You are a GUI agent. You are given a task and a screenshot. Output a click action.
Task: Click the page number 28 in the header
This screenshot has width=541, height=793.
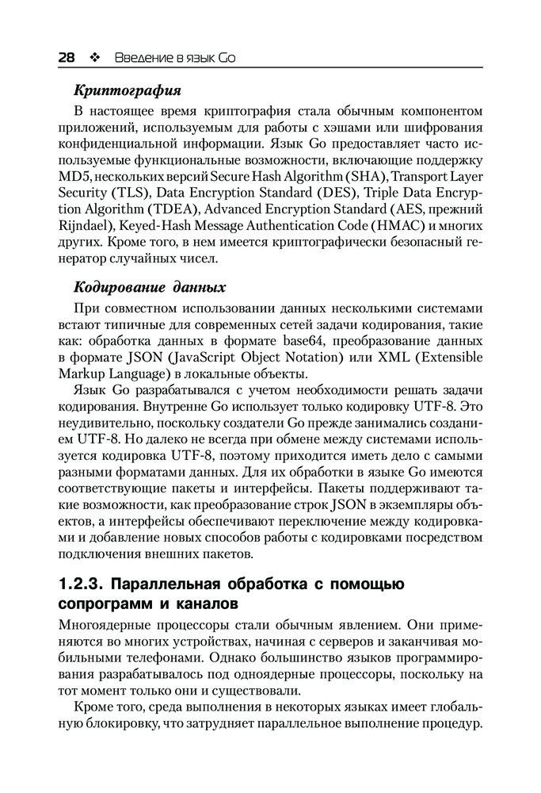(x=67, y=58)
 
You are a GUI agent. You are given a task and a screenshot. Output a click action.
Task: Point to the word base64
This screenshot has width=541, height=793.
(x=304, y=342)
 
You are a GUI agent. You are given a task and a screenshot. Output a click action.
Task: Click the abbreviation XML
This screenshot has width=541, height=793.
(x=379, y=358)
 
